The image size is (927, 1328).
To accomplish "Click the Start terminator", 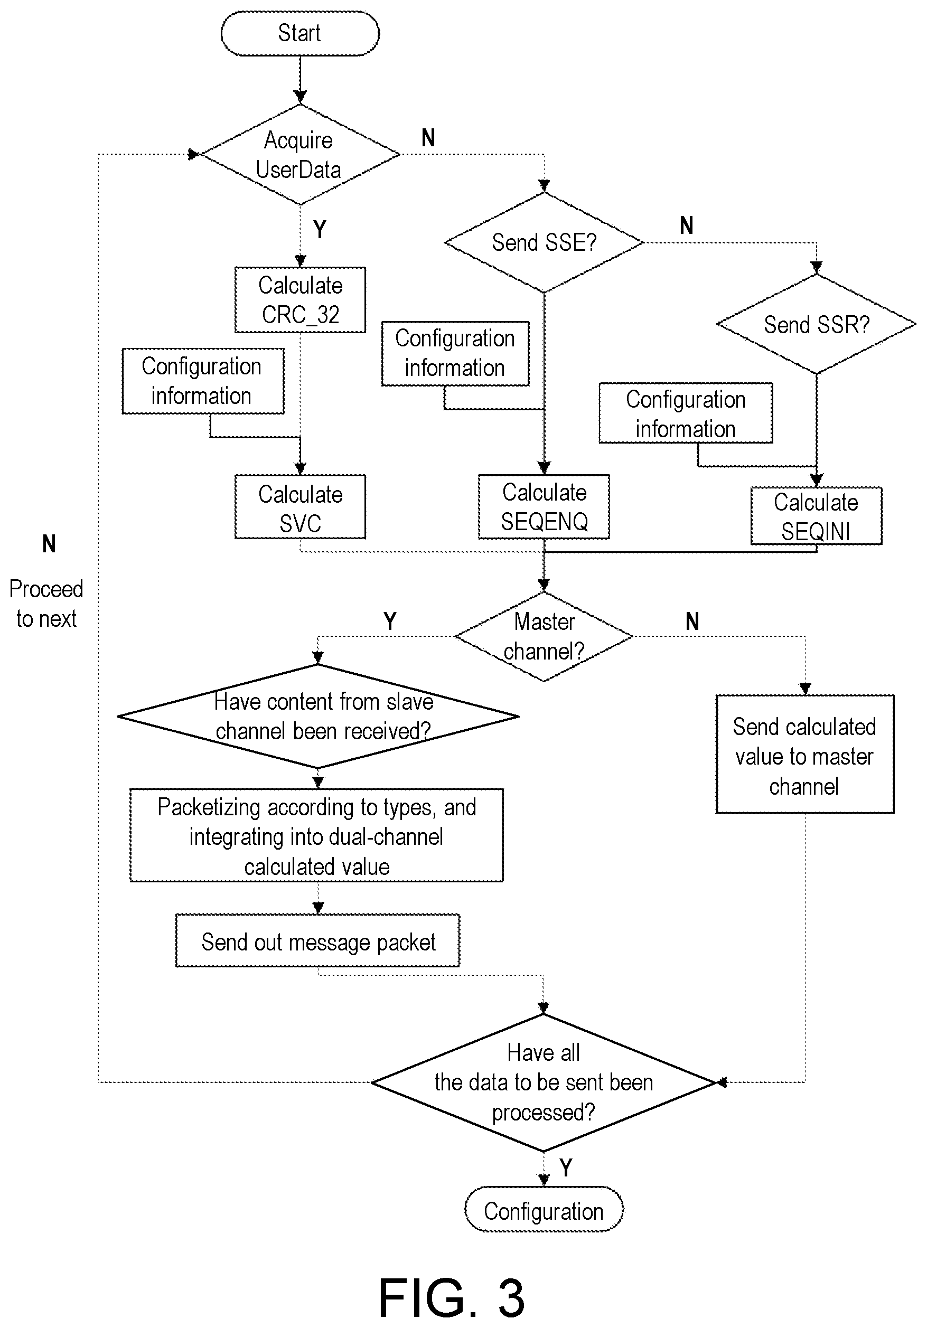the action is pyautogui.click(x=299, y=33).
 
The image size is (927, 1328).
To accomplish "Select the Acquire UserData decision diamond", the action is pyautogui.click(x=299, y=154).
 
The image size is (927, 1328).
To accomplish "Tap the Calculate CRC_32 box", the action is pyautogui.click(x=299, y=299).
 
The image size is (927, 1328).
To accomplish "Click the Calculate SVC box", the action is pyautogui.click(x=299, y=507).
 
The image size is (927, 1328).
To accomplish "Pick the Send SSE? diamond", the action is pyautogui.click(x=544, y=242).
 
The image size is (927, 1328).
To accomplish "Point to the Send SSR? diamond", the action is pyautogui.click(x=817, y=324).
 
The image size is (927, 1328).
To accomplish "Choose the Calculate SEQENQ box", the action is pyautogui.click(x=544, y=507).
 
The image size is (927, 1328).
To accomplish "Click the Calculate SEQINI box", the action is pyautogui.click(x=817, y=516).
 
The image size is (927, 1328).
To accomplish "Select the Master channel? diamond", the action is pyautogui.click(x=544, y=636).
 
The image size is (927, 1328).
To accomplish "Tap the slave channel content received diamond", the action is pyautogui.click(x=317, y=717).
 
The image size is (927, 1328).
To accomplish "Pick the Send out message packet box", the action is pyautogui.click(x=317, y=942).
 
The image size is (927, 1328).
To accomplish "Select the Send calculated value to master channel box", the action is pyautogui.click(x=805, y=754).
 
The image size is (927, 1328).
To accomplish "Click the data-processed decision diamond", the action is pyautogui.click(x=544, y=1082).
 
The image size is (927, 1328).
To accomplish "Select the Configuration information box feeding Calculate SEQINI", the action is pyautogui.click(x=686, y=413).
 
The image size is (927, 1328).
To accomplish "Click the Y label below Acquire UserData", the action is pyautogui.click(x=320, y=230).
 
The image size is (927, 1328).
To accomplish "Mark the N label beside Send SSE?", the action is pyautogui.click(x=686, y=225).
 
